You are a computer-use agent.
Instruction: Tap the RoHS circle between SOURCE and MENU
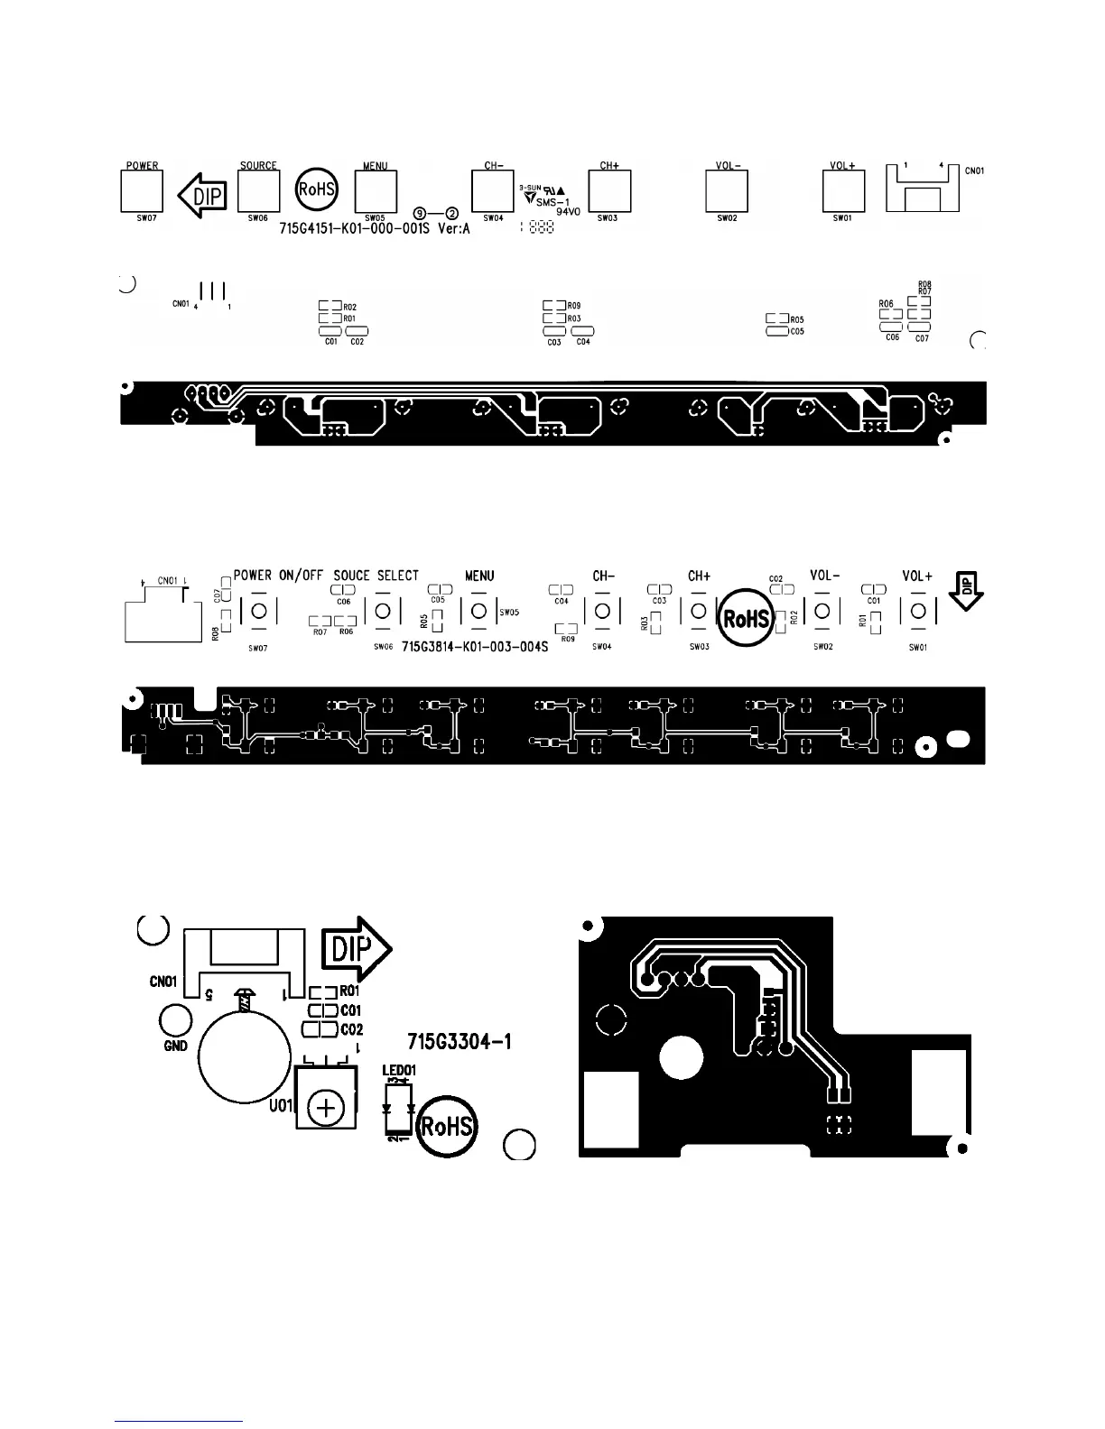coord(317,189)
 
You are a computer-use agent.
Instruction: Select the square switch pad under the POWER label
coord(142,191)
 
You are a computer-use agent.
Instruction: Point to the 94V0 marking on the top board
coord(567,213)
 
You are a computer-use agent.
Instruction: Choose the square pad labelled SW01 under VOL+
coord(843,191)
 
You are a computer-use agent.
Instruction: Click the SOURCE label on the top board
coord(258,166)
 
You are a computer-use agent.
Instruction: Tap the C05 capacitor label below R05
coord(796,331)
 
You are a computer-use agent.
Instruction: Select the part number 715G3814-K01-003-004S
coord(475,647)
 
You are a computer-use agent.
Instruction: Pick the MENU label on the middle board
coord(479,576)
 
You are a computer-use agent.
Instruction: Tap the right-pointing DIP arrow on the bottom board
coord(356,949)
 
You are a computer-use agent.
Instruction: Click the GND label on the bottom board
coord(176,1046)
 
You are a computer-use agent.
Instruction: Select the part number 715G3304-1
coord(460,1042)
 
